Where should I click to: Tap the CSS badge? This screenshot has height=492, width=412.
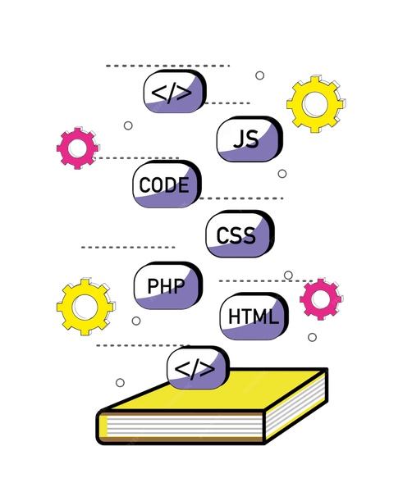[x=238, y=235]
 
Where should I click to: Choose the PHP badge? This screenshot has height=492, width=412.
[x=166, y=286]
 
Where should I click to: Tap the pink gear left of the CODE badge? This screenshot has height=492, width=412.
[x=77, y=148]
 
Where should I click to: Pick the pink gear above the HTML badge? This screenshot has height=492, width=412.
[x=321, y=298]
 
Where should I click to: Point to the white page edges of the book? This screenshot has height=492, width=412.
[x=181, y=429]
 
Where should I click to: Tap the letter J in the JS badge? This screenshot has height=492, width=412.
[x=240, y=138]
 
